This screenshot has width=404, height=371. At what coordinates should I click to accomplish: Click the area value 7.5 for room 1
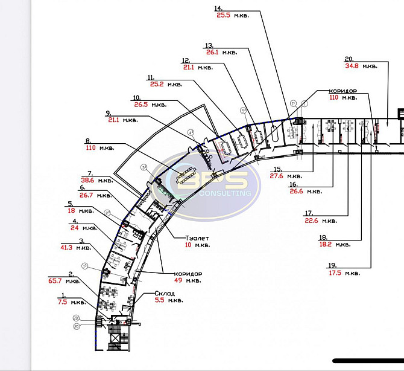[x=62, y=302]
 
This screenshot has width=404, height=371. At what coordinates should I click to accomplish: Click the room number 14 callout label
[x=218, y=8]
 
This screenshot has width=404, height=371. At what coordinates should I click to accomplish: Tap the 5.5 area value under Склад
[x=158, y=300]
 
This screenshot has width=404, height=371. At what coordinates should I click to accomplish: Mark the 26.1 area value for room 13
[x=212, y=52]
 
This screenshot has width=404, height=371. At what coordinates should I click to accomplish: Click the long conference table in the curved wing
[x=185, y=176]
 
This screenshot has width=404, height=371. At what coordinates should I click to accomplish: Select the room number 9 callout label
[x=108, y=112]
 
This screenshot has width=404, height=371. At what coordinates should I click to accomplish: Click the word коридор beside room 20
[x=343, y=90]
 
